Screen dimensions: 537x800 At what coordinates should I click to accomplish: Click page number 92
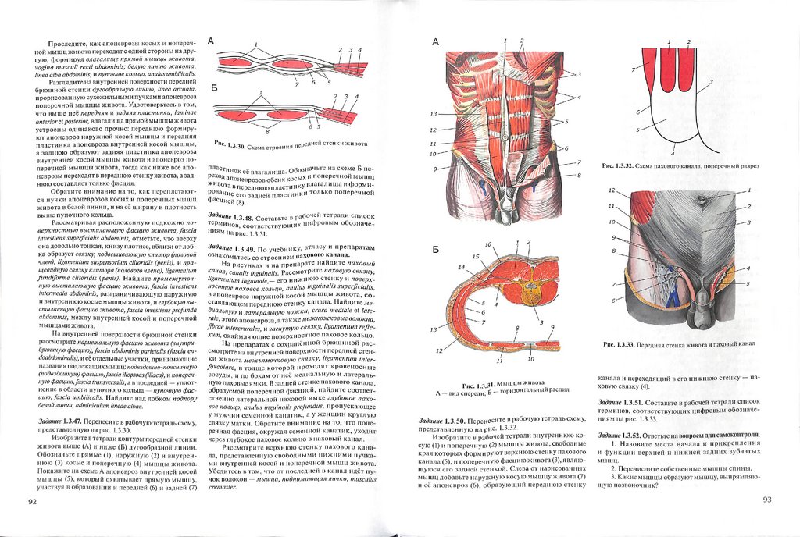(31, 500)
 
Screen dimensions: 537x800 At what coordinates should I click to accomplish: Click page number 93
(767, 499)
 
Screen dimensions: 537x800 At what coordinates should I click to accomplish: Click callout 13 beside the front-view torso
(432, 114)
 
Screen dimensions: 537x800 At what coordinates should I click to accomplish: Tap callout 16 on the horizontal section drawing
(487, 245)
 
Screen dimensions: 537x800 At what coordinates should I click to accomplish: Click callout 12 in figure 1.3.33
(612, 190)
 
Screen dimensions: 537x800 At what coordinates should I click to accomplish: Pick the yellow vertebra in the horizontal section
(530, 290)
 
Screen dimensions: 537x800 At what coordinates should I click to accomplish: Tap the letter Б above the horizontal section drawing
(434, 251)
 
